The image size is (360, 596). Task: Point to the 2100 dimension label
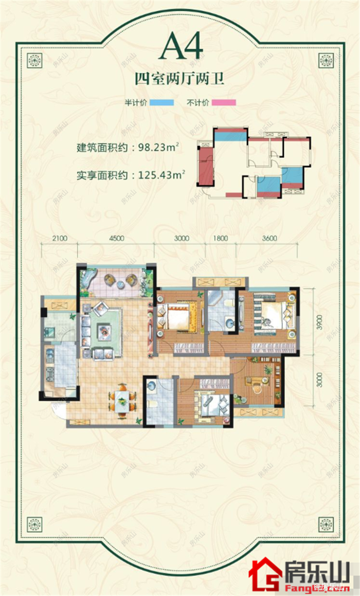pyautogui.click(x=60, y=238)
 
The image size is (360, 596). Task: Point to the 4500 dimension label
pyautogui.click(x=116, y=238)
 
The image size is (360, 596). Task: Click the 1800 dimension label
pyautogui.click(x=220, y=238)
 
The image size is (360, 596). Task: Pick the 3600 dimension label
pyautogui.click(x=269, y=238)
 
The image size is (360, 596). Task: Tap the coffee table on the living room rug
pyautogui.click(x=105, y=330)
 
